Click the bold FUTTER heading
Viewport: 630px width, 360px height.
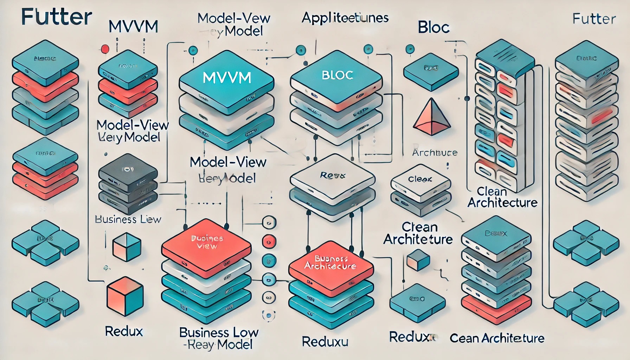tap(56, 17)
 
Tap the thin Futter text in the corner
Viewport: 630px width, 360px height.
tap(594, 19)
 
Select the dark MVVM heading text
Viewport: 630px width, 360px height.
tap(133, 27)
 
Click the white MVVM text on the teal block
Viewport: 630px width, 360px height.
tap(227, 78)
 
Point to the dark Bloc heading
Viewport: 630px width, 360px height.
tap(433, 27)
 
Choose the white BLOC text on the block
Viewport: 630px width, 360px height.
tap(337, 75)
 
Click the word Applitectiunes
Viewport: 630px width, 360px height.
tap(345, 18)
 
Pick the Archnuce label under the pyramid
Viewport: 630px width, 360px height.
tap(435, 153)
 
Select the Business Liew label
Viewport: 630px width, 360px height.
tap(128, 219)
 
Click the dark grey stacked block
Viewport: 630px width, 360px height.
tap(128, 172)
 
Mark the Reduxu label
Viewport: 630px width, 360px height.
tap(325, 341)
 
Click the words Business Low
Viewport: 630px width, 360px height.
tap(219, 332)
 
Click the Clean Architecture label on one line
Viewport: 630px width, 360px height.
tap(497, 338)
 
